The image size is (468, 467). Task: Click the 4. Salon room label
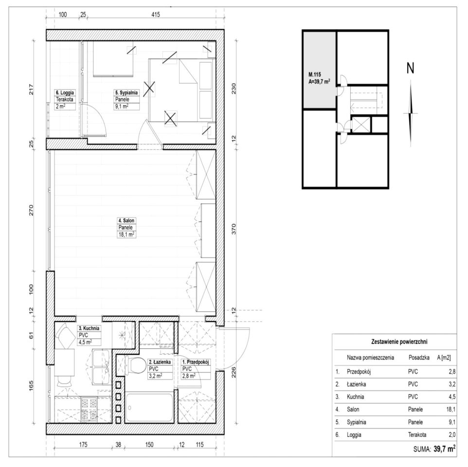(x=126, y=220)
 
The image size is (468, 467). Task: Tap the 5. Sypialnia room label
(x=126, y=92)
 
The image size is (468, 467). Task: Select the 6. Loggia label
(x=65, y=92)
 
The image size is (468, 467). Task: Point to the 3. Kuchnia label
(x=89, y=328)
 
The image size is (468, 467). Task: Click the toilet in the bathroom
(x=135, y=365)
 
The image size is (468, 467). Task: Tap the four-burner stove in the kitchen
(x=89, y=409)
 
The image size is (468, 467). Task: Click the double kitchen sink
(x=101, y=367)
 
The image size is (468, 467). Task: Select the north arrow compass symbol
(x=411, y=113)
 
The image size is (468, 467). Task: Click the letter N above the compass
(x=411, y=68)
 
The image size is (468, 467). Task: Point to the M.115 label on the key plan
(x=315, y=74)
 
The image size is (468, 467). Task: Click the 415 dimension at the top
(x=156, y=14)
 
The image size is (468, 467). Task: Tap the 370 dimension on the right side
(x=234, y=229)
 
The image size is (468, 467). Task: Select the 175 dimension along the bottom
(x=83, y=445)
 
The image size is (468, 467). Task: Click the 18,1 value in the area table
(x=450, y=410)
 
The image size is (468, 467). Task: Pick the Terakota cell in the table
(x=417, y=435)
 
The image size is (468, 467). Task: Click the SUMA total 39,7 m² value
(x=445, y=449)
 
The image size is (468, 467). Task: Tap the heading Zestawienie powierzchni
(x=399, y=341)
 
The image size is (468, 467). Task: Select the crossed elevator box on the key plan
(x=361, y=125)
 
